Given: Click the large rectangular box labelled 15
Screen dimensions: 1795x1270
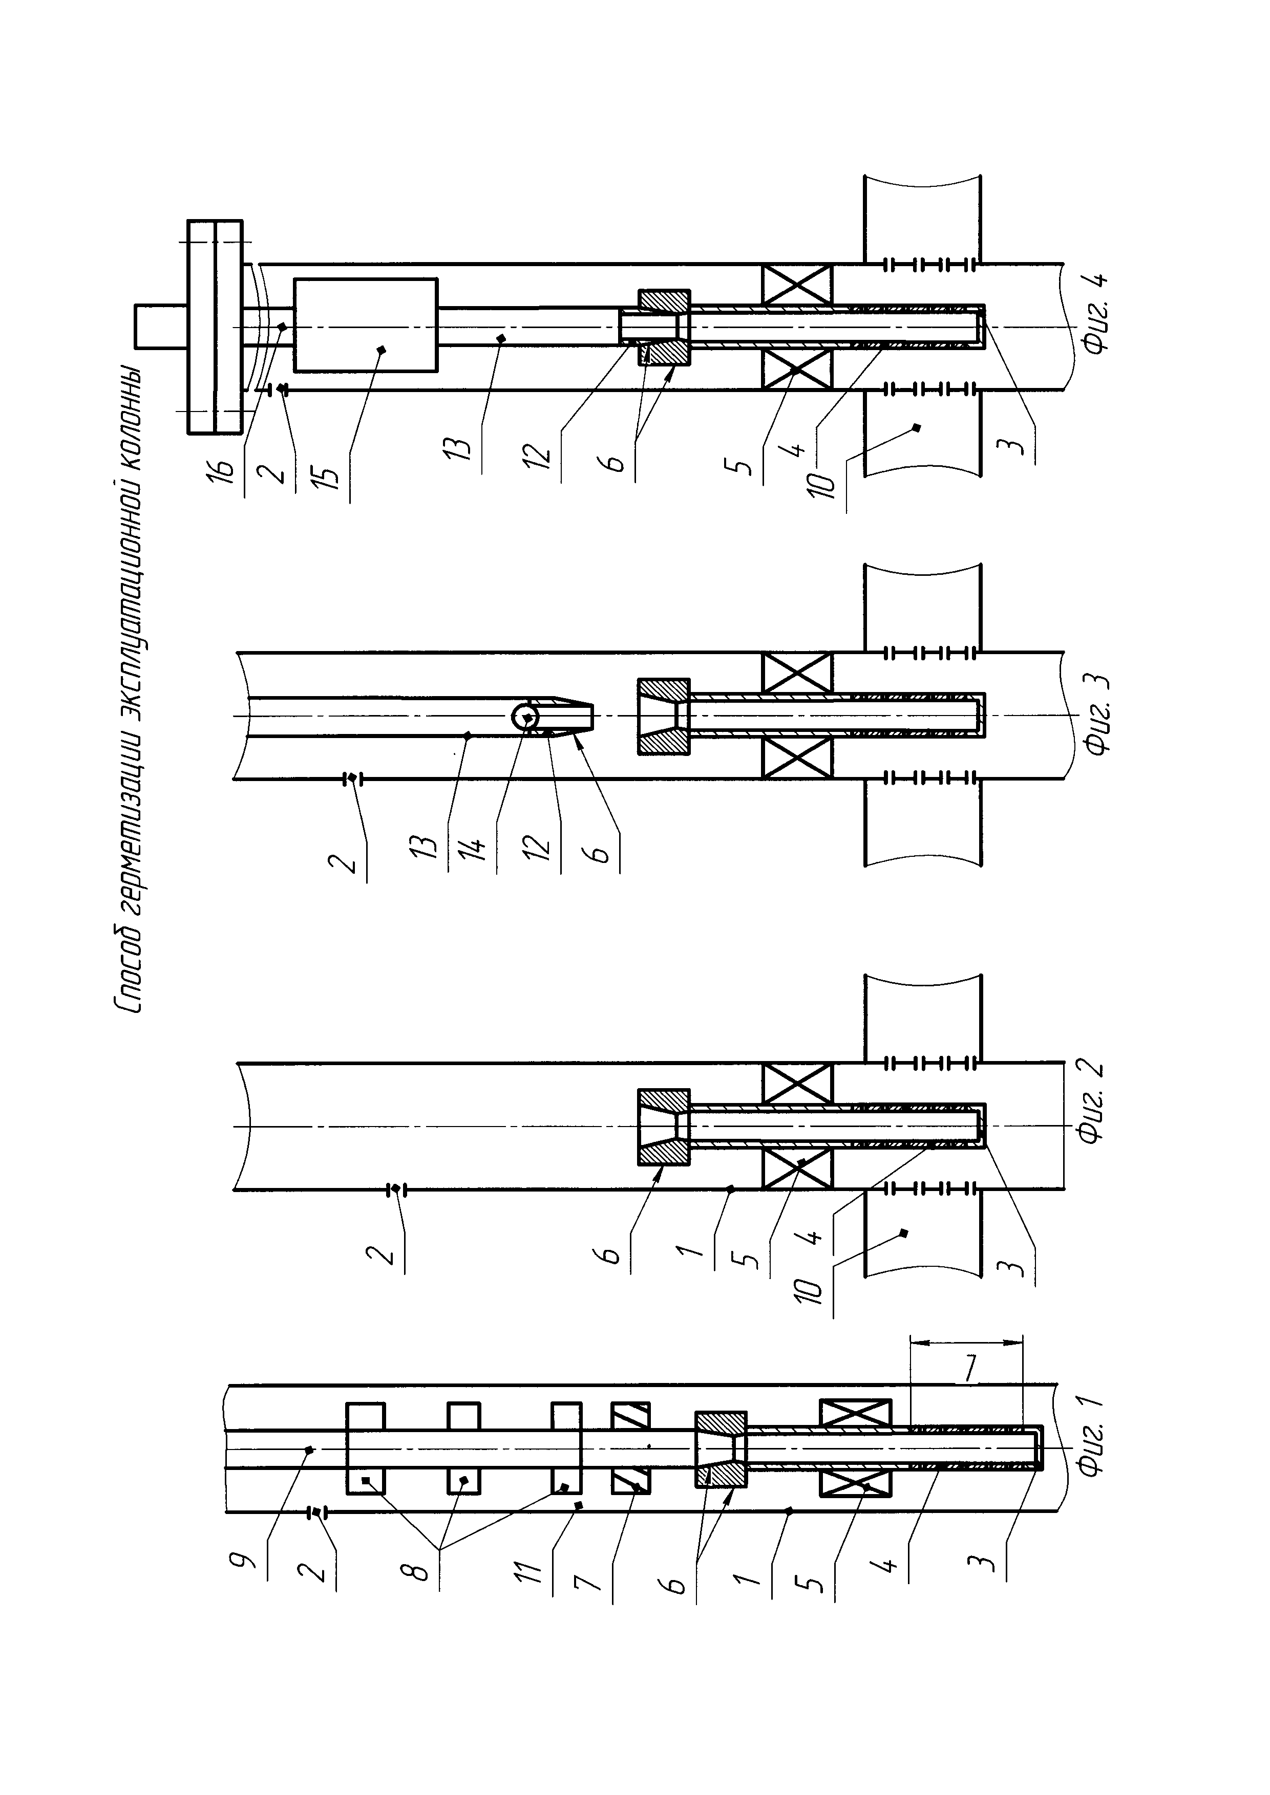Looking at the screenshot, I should pos(365,325).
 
